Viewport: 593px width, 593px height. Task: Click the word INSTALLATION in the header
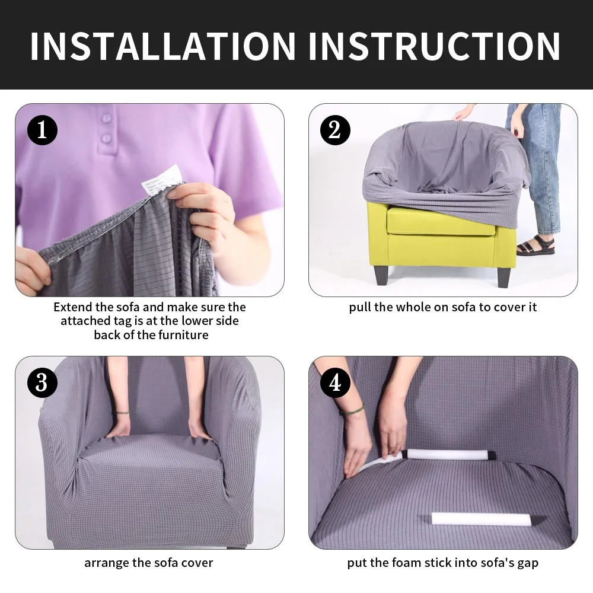coord(162,46)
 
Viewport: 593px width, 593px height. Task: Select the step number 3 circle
coord(42,383)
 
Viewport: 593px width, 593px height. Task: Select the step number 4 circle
coord(335,383)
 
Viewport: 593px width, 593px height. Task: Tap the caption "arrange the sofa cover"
coord(148,562)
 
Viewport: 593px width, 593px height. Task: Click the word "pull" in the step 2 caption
coord(359,307)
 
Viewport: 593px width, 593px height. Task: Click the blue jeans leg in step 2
coord(543,172)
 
